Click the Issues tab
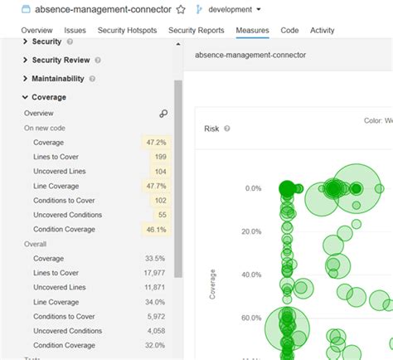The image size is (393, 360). [x=75, y=30]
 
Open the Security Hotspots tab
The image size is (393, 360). [x=127, y=30]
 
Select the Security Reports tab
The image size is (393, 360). [x=196, y=30]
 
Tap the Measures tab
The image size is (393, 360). [x=252, y=30]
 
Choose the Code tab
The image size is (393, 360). [x=289, y=30]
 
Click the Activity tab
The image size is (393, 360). [x=323, y=30]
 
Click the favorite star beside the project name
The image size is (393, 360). [x=181, y=9]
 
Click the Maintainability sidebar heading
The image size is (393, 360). [x=57, y=79]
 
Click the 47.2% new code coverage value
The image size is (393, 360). [x=155, y=143]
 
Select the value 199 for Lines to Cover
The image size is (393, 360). [x=159, y=157]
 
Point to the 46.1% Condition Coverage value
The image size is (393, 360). [x=155, y=229]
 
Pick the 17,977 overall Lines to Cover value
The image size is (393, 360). [x=153, y=273]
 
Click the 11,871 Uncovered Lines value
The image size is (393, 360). [x=153, y=287]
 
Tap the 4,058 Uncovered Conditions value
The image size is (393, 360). [x=154, y=330]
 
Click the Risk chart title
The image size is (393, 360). [x=212, y=129]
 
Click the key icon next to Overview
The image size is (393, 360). [x=163, y=114]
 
